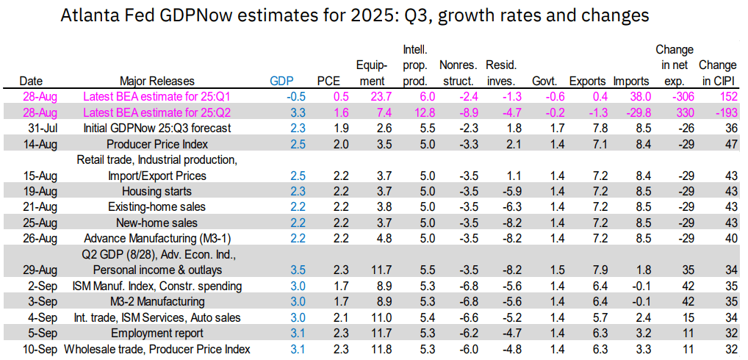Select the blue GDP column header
[x=281, y=81]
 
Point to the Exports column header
[x=587, y=81]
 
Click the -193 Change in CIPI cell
[x=717, y=112]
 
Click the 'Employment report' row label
[x=157, y=334]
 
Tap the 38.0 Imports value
[x=630, y=96]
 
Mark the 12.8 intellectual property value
[x=414, y=112]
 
